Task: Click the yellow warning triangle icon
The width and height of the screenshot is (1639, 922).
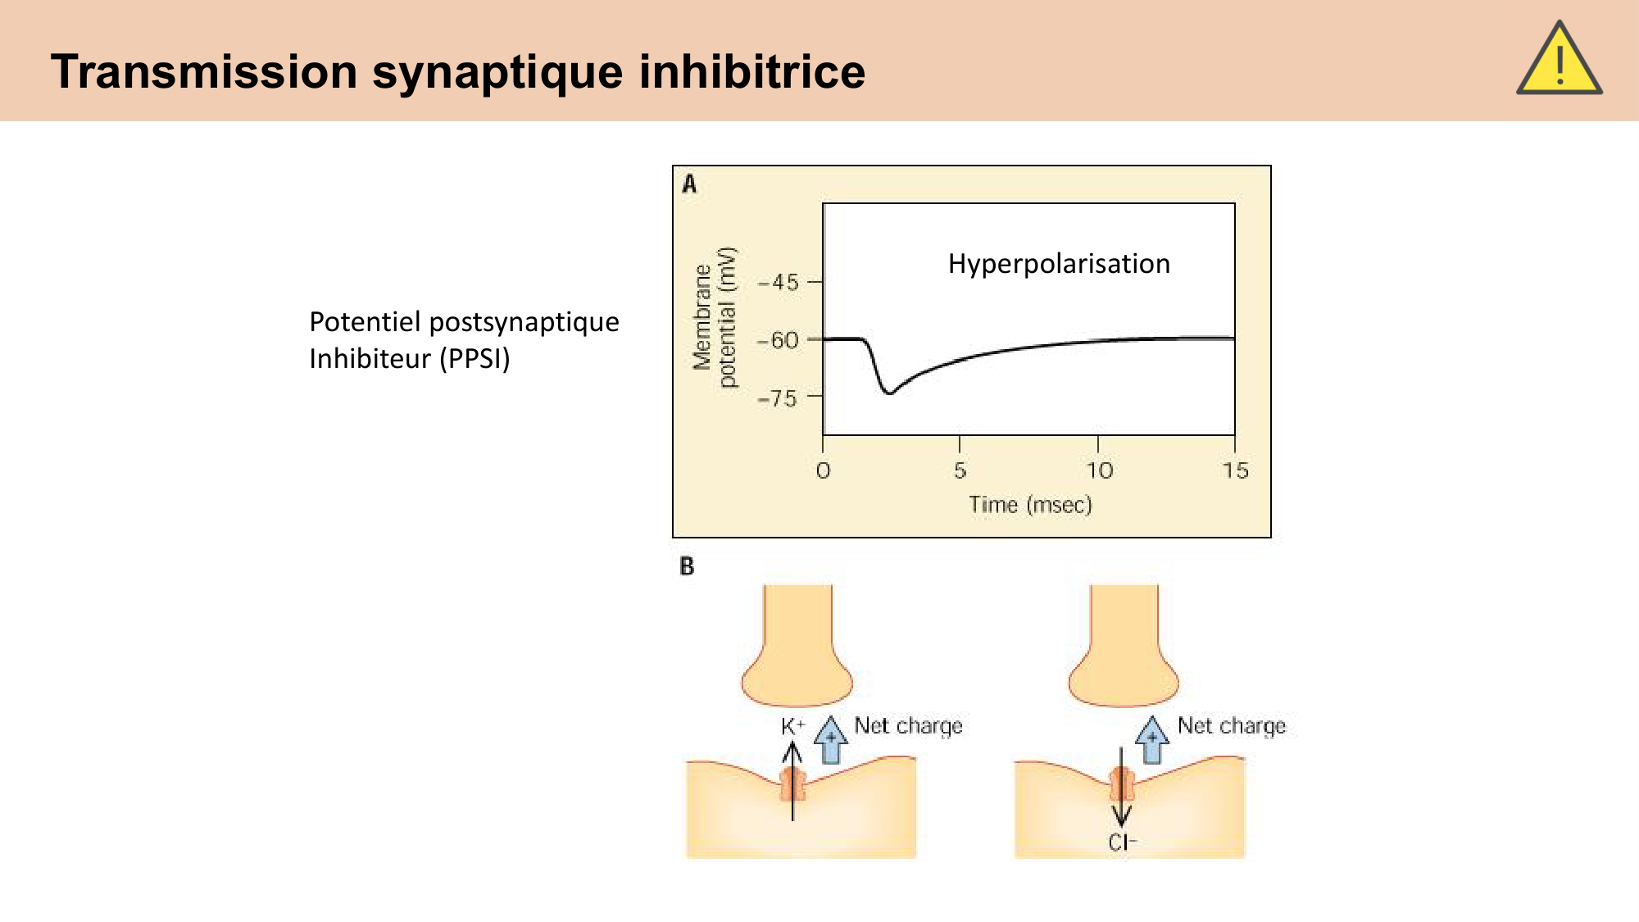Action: (x=1559, y=61)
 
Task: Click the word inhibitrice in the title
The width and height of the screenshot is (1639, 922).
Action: (x=751, y=71)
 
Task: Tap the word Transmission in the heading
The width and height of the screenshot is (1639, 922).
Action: (x=204, y=71)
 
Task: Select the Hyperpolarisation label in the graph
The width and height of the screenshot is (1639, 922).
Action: (x=1059, y=264)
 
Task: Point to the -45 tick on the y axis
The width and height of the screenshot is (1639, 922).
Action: (x=779, y=283)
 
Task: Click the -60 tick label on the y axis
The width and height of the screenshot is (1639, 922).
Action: (x=779, y=340)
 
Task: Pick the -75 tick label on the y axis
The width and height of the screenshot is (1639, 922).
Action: (x=778, y=399)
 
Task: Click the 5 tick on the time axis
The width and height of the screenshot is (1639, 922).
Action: (x=960, y=470)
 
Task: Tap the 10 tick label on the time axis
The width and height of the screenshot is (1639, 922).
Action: (x=1099, y=470)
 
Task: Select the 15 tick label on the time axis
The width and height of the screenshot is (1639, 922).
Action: (x=1235, y=470)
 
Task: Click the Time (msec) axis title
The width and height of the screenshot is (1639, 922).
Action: (x=1030, y=505)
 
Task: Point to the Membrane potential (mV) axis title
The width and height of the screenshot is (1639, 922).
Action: (x=715, y=317)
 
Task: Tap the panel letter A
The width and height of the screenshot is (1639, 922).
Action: (x=689, y=184)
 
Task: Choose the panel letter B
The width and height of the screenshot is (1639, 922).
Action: (x=687, y=566)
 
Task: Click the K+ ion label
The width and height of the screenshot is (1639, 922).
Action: (x=792, y=726)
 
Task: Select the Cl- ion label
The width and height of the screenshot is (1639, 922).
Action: (x=1122, y=843)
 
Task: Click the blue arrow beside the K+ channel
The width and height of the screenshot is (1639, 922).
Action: (x=831, y=739)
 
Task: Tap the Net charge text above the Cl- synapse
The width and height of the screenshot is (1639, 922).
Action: (x=1231, y=726)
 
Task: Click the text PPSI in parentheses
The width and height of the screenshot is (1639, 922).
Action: (x=475, y=359)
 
